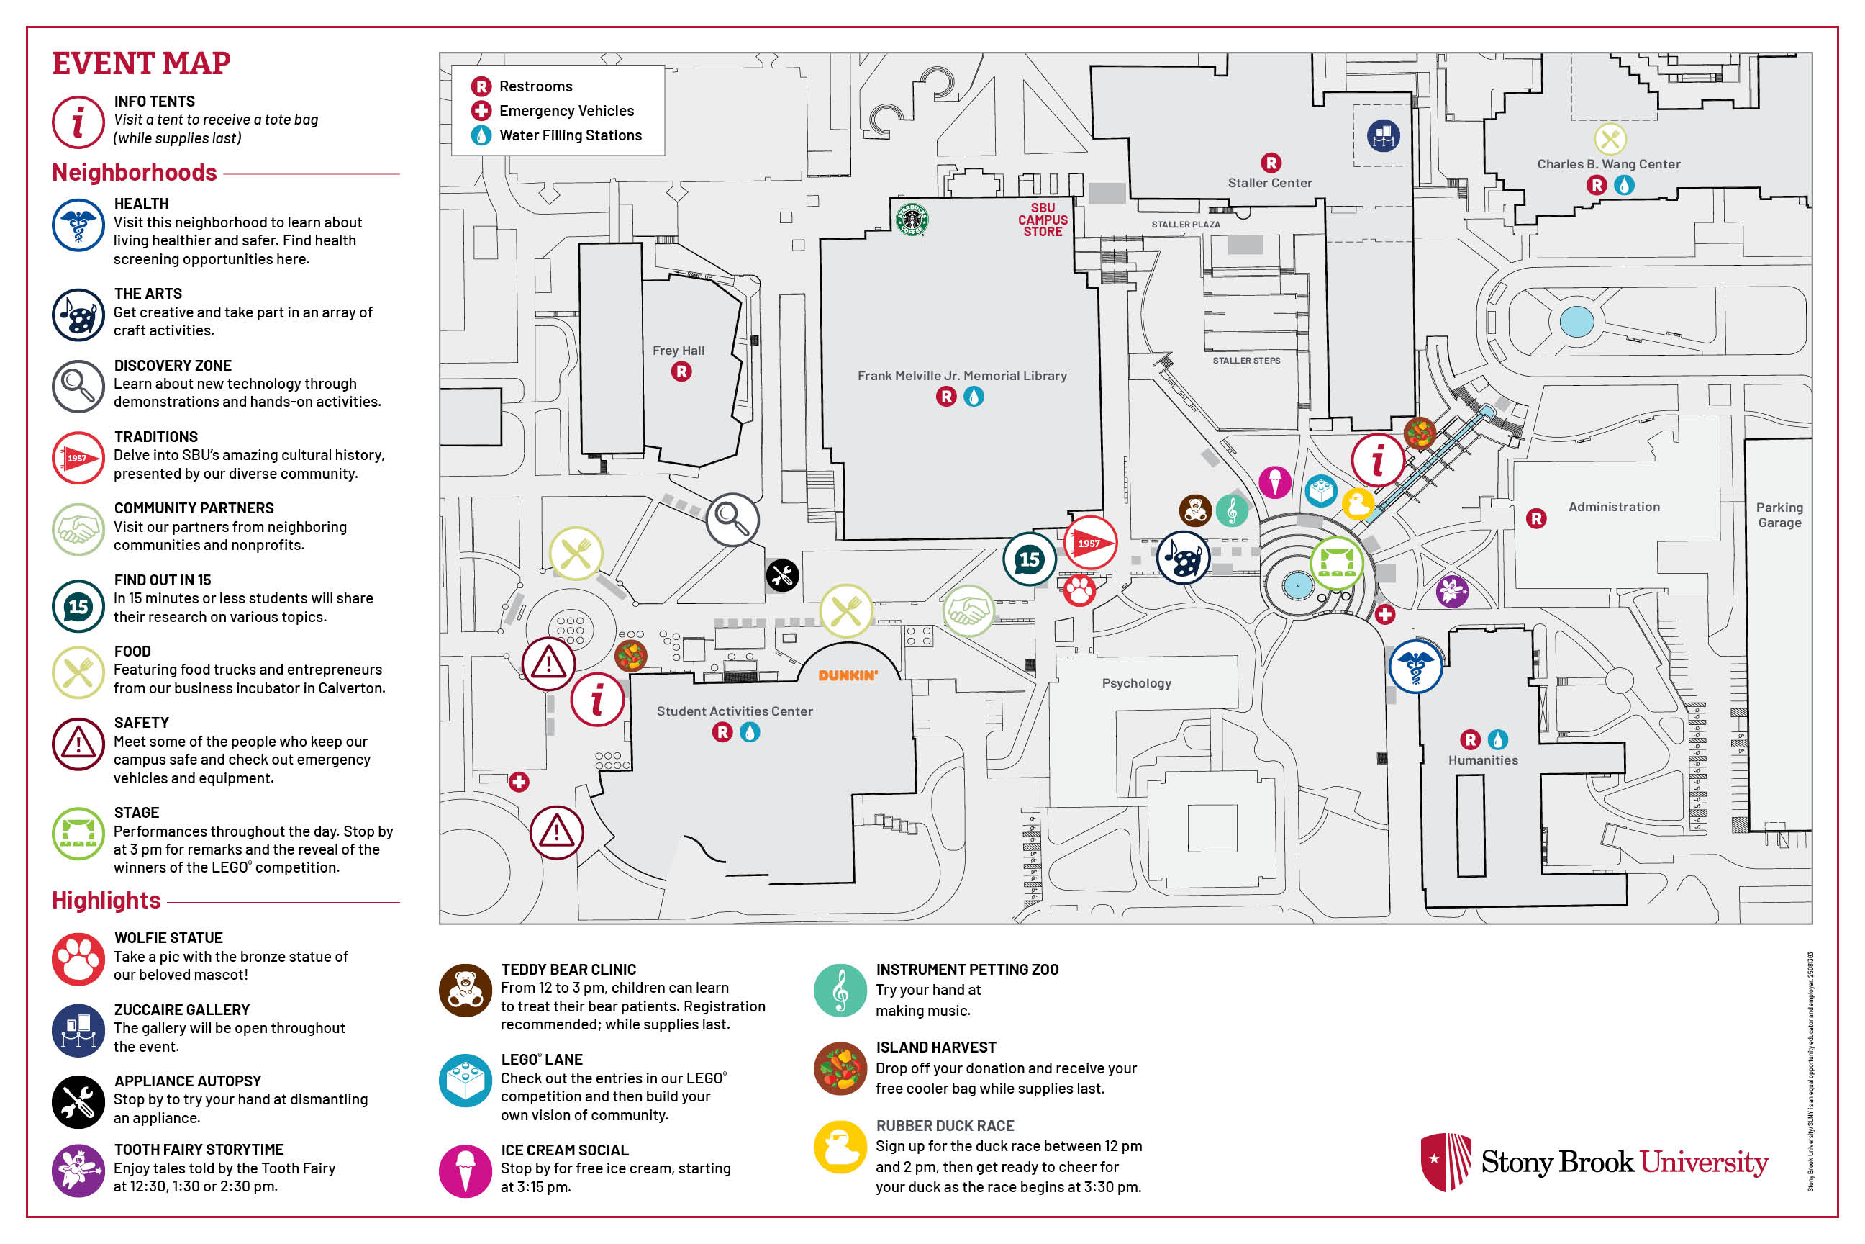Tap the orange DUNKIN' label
(848, 675)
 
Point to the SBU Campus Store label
(1043, 220)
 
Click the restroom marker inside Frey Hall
(681, 371)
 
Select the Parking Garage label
(1779, 515)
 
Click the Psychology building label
(1136, 683)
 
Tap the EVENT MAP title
(141, 63)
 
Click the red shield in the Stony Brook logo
(1445, 1161)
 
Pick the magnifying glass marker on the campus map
(732, 520)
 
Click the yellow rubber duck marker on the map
(1358, 504)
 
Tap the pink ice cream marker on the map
(1275, 482)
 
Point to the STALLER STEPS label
(1245, 361)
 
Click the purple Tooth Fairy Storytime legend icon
(78, 1169)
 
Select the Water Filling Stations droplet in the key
(481, 135)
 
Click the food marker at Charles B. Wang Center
(1610, 140)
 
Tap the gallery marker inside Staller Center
(1383, 135)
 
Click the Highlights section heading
(106, 901)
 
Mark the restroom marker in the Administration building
(1536, 519)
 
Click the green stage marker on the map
(1337, 563)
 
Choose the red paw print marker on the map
(1079, 590)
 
